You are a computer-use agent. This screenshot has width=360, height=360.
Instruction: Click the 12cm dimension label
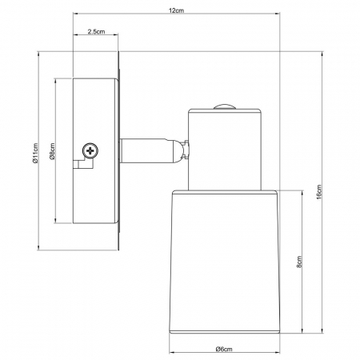[x=176, y=10]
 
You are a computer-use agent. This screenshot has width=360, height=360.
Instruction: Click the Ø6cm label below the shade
[x=224, y=347]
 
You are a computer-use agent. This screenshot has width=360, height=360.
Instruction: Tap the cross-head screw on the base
[x=90, y=149]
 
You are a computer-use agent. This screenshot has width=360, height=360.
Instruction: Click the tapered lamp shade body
[x=224, y=256]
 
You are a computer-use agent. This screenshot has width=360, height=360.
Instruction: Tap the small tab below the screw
[x=82, y=165]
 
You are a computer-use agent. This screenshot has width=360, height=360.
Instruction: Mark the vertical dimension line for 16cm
[x=324, y=120]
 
